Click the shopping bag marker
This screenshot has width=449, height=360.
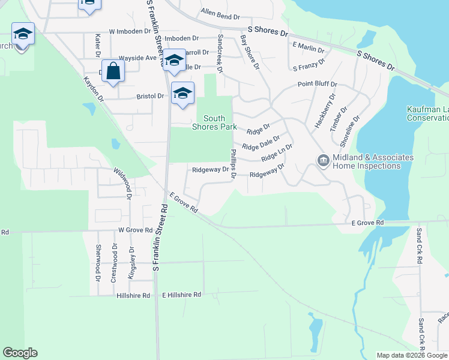coord(113,71)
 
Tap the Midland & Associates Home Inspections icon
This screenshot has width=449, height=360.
coord(323,160)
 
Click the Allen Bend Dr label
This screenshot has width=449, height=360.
coord(220,11)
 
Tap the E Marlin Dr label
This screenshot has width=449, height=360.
coord(308,46)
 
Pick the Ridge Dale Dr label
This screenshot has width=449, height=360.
coord(261,143)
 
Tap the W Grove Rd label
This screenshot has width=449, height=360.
coord(135,230)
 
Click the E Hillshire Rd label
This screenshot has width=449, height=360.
coord(182,295)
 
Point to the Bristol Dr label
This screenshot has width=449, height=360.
coord(150,96)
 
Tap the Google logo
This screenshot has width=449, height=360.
coord(20,353)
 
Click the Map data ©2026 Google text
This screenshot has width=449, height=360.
coord(412,355)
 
